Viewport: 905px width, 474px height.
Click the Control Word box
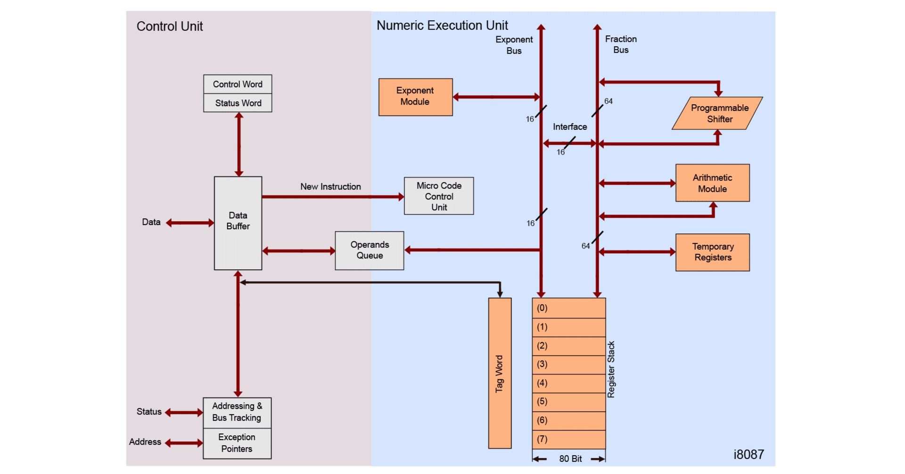point(238,84)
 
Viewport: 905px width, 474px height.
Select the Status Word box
point(238,103)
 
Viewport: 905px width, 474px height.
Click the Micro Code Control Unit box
point(439,196)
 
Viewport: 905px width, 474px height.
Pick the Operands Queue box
point(370,250)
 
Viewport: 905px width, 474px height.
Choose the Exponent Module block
point(415,97)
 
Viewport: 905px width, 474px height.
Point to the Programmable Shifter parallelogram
point(718,113)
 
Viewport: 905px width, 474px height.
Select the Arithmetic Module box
point(712,183)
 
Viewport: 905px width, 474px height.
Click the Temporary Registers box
point(712,252)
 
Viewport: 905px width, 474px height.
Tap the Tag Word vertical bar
point(500,373)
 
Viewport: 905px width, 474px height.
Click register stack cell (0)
point(568,308)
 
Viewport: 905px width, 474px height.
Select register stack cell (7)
point(568,440)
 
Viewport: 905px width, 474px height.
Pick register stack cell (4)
point(568,383)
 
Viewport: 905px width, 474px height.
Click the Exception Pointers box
point(237,443)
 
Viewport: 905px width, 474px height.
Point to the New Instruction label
point(330,187)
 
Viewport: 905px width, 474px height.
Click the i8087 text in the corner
point(749,455)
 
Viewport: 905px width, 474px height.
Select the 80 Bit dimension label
point(570,459)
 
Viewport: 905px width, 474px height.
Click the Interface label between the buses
point(570,127)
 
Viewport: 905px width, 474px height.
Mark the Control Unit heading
point(170,26)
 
